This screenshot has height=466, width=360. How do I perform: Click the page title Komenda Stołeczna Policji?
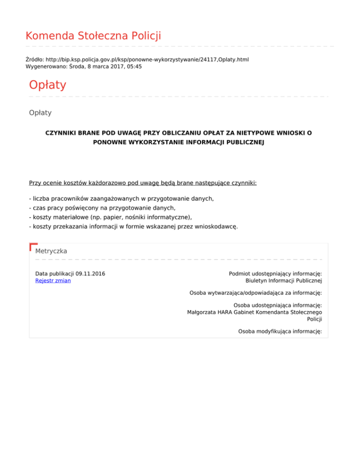(x=93, y=36)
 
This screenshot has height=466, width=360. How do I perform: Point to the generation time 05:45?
(x=134, y=67)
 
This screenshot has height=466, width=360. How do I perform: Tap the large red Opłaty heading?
(x=47, y=85)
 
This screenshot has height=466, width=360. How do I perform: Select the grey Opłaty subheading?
(x=40, y=113)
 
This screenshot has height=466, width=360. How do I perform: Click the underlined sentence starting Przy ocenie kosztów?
(x=142, y=182)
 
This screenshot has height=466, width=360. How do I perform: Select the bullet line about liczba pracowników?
(x=121, y=199)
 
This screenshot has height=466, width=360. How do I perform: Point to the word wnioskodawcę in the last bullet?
(x=216, y=227)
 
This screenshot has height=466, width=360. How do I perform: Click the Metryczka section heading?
(x=51, y=251)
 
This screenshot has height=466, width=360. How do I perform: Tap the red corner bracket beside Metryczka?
(x=33, y=247)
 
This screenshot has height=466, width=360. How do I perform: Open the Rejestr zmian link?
(x=53, y=281)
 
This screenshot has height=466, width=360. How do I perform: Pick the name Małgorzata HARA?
(x=209, y=312)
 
